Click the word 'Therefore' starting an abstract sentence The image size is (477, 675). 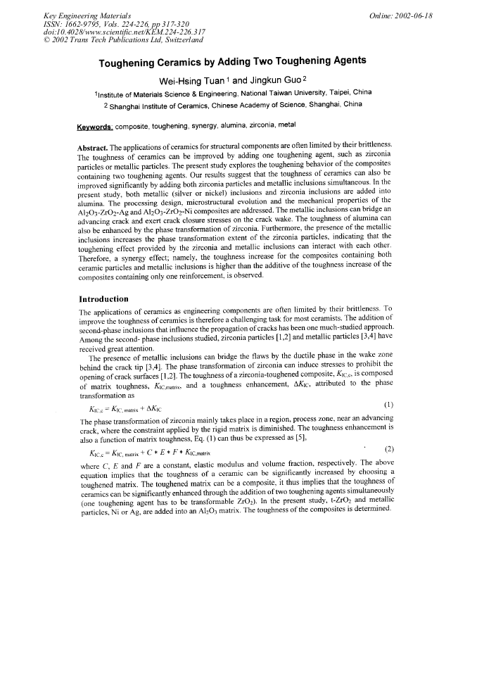click(x=94, y=258)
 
